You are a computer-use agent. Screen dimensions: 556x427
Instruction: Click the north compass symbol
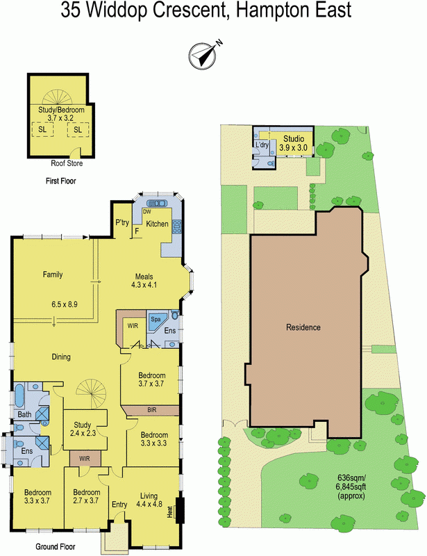coord(201,56)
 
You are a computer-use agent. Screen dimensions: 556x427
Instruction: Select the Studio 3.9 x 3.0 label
coord(292,144)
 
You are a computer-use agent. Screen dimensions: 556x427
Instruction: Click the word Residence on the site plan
coord(304,327)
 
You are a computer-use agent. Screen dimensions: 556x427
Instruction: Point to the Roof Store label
coord(67,164)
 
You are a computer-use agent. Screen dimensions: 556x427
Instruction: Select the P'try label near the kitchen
coord(122,223)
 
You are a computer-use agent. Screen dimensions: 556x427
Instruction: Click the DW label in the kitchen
coord(146,211)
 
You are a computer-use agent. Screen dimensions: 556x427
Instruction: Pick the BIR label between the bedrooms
coord(151,411)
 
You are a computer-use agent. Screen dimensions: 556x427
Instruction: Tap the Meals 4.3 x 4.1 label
coord(146,279)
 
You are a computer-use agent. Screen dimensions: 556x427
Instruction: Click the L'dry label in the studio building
coord(262,145)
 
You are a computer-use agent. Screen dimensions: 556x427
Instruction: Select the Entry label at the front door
coord(119,505)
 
